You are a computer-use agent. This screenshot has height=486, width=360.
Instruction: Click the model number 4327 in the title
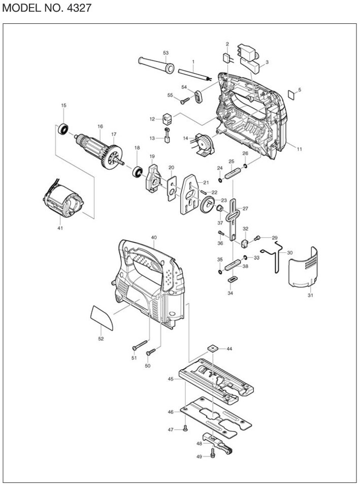(x=79, y=8)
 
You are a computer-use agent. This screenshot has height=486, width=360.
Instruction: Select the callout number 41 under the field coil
(x=60, y=228)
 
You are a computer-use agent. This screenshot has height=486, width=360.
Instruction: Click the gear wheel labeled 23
(x=208, y=205)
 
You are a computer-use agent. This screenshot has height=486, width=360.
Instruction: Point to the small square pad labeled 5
(x=292, y=93)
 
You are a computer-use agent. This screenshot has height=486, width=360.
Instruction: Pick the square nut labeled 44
(x=212, y=348)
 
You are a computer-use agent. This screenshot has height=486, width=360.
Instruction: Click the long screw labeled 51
(x=140, y=345)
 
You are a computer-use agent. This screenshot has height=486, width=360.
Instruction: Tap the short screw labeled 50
(x=151, y=352)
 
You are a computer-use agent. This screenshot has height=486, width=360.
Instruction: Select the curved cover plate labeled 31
(x=303, y=267)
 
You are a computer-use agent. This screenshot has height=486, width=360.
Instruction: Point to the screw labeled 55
(x=185, y=100)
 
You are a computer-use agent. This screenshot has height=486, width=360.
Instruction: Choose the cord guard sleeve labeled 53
(x=156, y=65)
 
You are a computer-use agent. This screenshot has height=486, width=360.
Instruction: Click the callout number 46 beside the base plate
(x=171, y=412)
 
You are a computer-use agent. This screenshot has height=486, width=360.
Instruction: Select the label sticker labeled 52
(x=102, y=317)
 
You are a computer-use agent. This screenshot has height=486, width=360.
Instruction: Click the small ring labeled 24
(x=220, y=180)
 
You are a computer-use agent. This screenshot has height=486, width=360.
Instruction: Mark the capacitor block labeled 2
(x=227, y=58)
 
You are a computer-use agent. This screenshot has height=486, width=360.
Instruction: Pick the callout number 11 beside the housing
(x=299, y=149)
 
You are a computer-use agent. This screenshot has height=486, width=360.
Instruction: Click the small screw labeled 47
(x=185, y=428)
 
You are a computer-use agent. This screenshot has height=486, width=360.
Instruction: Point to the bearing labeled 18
(x=137, y=172)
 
